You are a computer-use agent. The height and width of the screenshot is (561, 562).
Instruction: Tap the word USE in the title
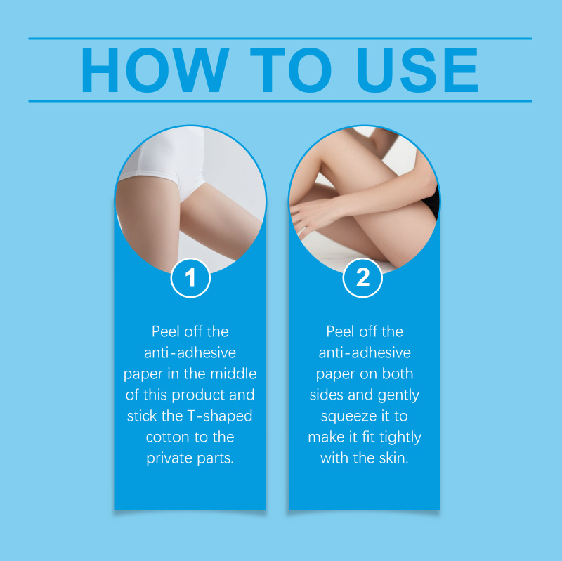[417, 70]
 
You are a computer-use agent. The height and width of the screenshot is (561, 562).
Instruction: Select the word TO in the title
[290, 70]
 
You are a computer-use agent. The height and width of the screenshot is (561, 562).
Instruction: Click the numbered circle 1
[190, 278]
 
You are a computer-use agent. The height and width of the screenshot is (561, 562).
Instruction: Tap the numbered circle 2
[362, 278]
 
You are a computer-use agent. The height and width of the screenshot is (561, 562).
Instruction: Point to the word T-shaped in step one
[220, 416]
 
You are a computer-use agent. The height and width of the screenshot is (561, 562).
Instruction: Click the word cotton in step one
[168, 437]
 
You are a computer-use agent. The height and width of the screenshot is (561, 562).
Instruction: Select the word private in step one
[169, 458]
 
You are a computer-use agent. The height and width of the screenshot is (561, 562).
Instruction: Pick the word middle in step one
[233, 374]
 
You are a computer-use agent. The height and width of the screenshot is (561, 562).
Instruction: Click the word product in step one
[198, 395]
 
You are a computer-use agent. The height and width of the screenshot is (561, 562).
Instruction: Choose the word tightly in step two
[400, 437]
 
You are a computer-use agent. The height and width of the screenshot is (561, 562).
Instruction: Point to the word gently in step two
[398, 395]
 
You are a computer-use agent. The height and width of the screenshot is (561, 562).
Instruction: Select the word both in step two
[398, 374]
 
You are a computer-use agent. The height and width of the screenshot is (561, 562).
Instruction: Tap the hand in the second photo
[311, 215]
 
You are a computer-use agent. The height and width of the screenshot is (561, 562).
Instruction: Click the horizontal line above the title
[280, 39]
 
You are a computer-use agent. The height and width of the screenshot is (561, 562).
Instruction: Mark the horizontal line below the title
[280, 101]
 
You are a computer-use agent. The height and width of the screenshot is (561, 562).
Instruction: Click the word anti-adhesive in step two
[365, 353]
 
